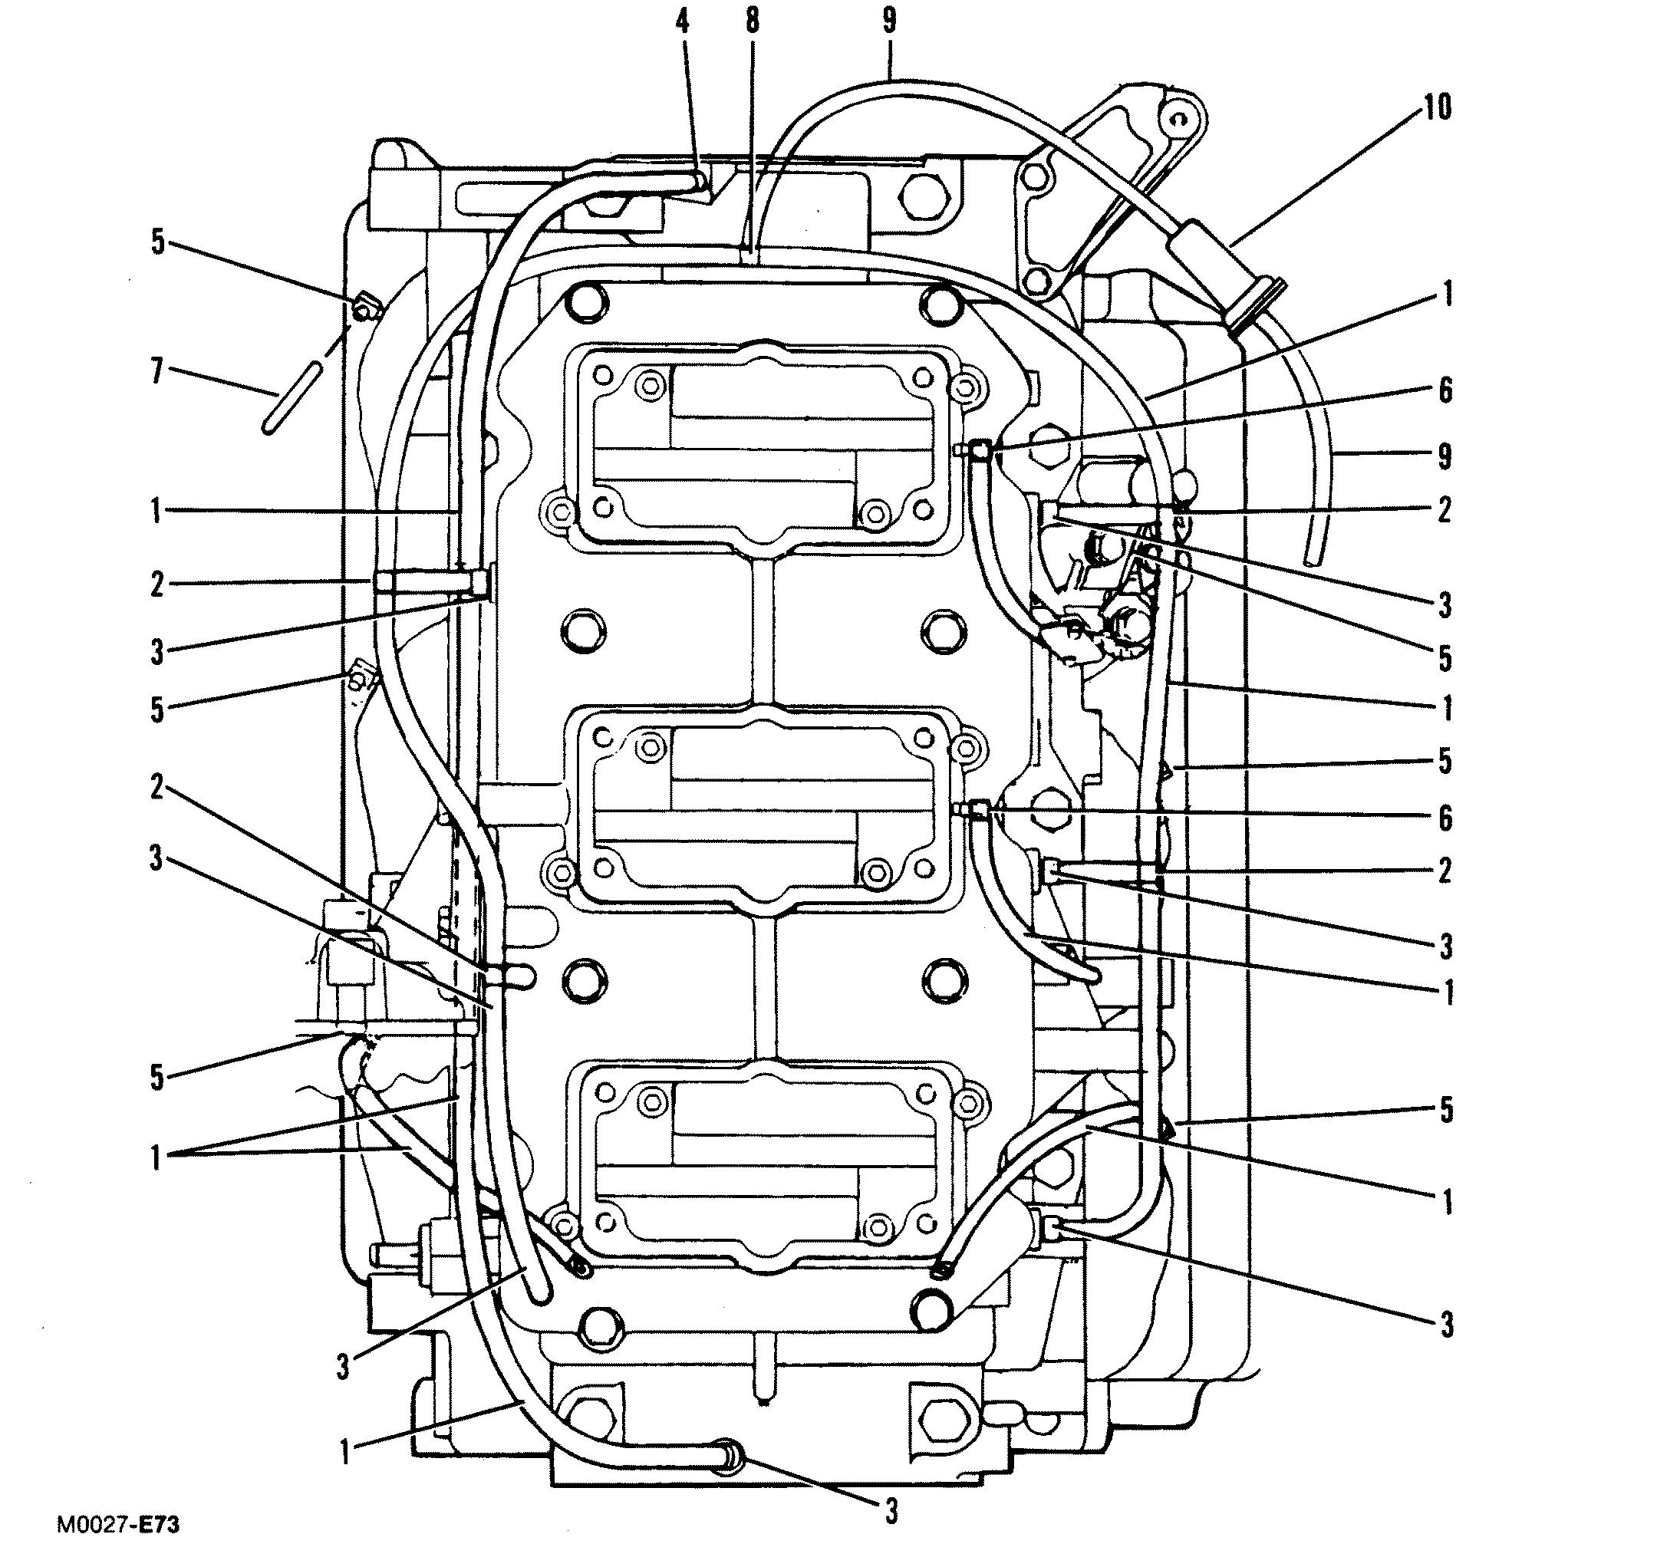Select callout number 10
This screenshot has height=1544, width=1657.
[x=1436, y=108]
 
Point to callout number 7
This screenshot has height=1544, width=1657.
[x=156, y=372]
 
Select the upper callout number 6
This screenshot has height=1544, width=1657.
[x=1445, y=390]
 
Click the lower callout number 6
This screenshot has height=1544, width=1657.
[x=1445, y=818]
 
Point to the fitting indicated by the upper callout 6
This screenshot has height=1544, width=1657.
[x=977, y=450]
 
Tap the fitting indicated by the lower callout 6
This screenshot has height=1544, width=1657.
[x=977, y=808]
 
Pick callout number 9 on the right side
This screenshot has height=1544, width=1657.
[x=1445, y=456]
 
